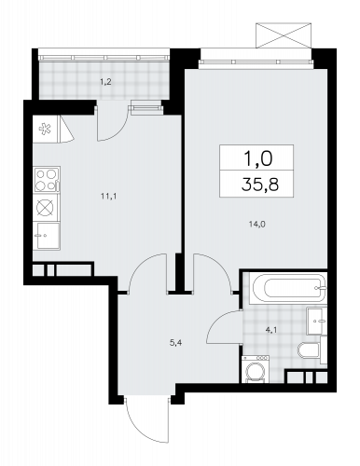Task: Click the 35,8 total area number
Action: point(260,185)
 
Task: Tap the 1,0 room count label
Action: point(258,158)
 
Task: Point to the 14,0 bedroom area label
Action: point(256,224)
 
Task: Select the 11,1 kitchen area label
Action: point(108,196)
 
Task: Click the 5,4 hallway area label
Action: point(175,343)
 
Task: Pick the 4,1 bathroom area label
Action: point(271,331)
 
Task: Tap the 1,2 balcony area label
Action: point(105,82)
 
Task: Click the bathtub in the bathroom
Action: point(290,288)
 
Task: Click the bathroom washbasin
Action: point(316,321)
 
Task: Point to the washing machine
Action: point(256,369)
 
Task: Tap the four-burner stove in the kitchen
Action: point(47,180)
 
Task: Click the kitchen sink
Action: point(48,236)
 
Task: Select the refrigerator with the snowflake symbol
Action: point(45,129)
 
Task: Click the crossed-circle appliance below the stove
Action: point(46,207)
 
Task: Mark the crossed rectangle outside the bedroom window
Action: point(284,35)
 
